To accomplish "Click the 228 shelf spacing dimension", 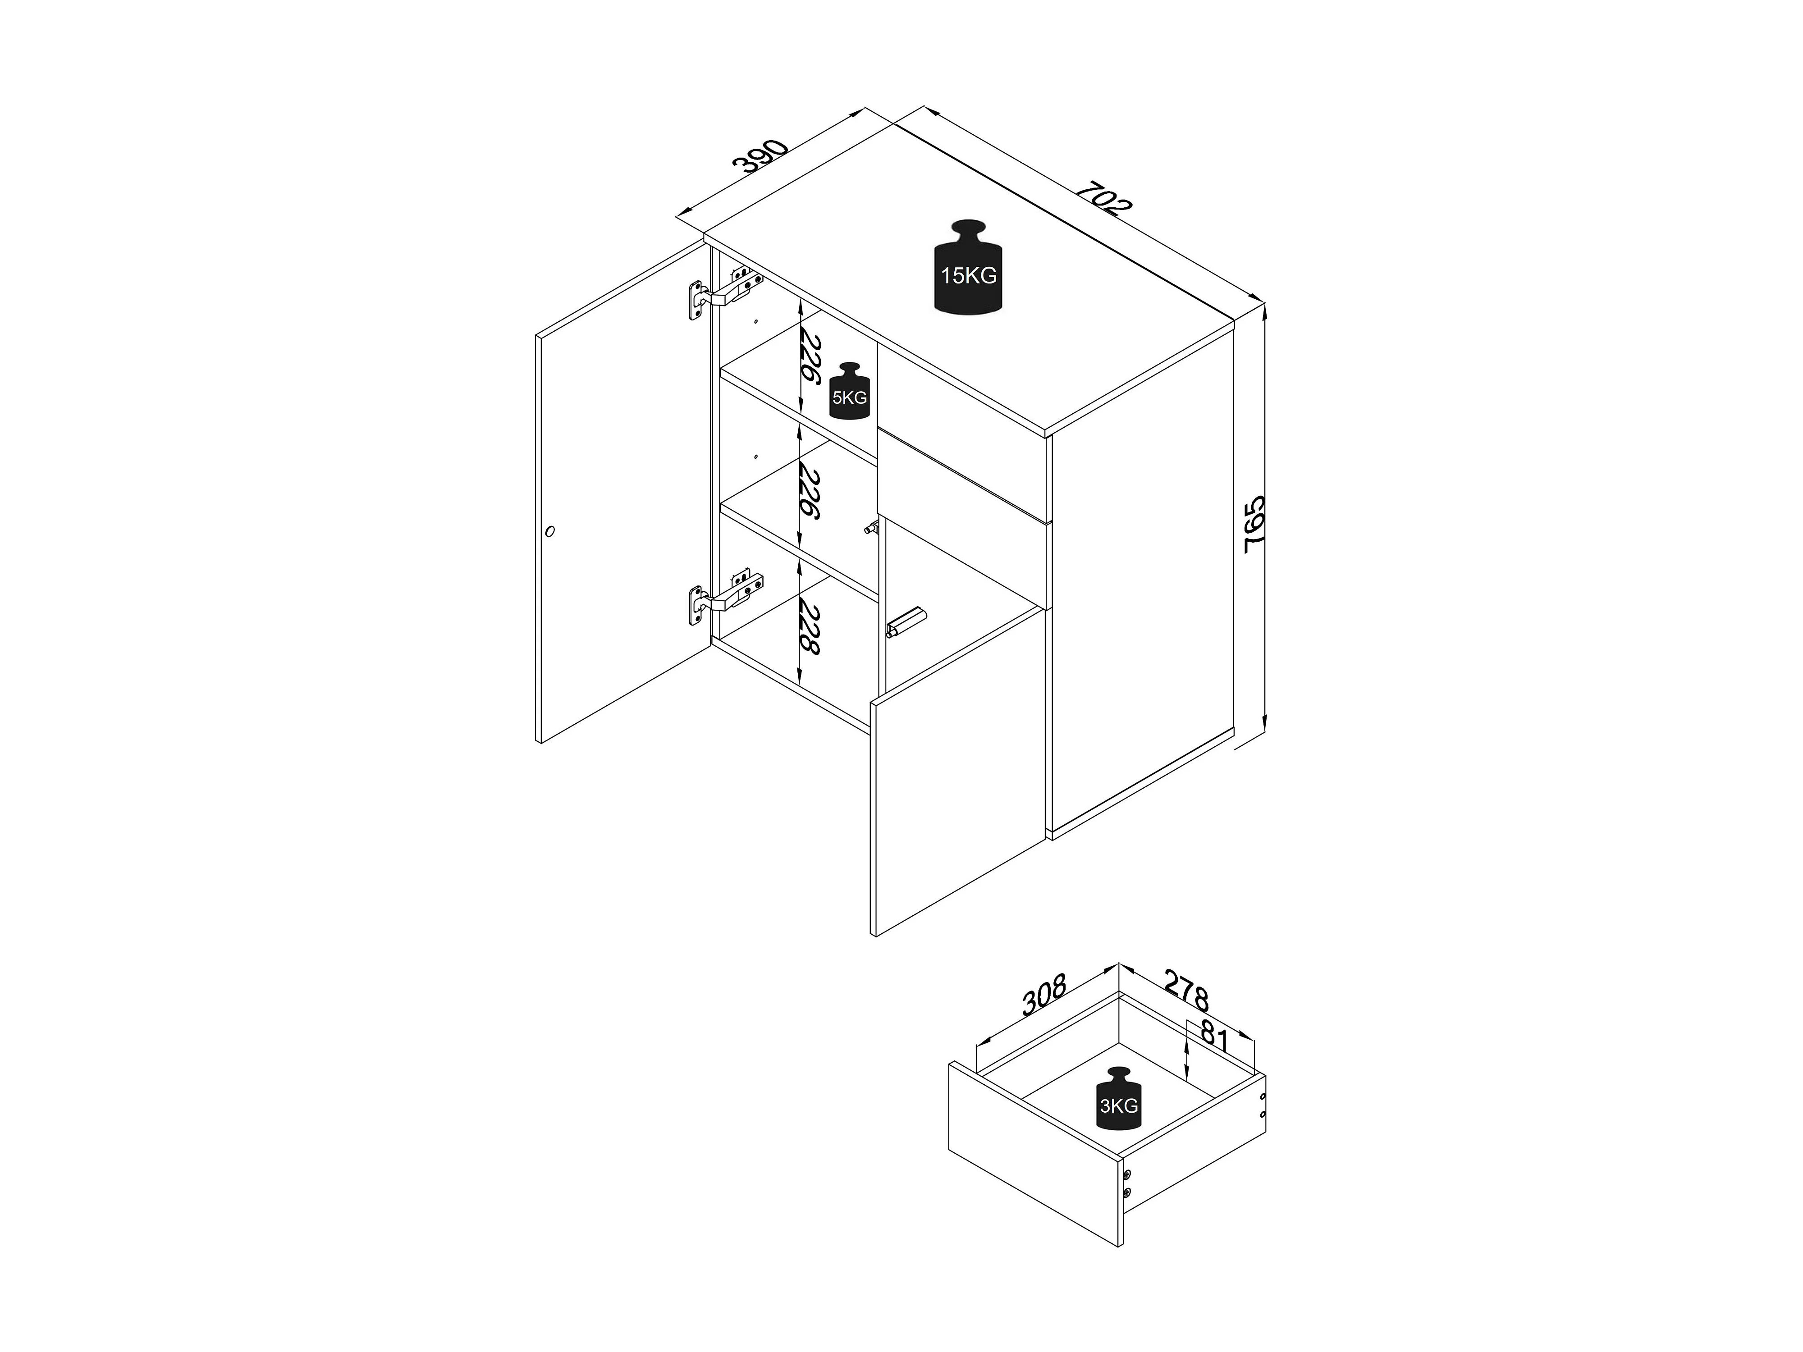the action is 810,627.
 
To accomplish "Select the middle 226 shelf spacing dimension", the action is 810,491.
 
